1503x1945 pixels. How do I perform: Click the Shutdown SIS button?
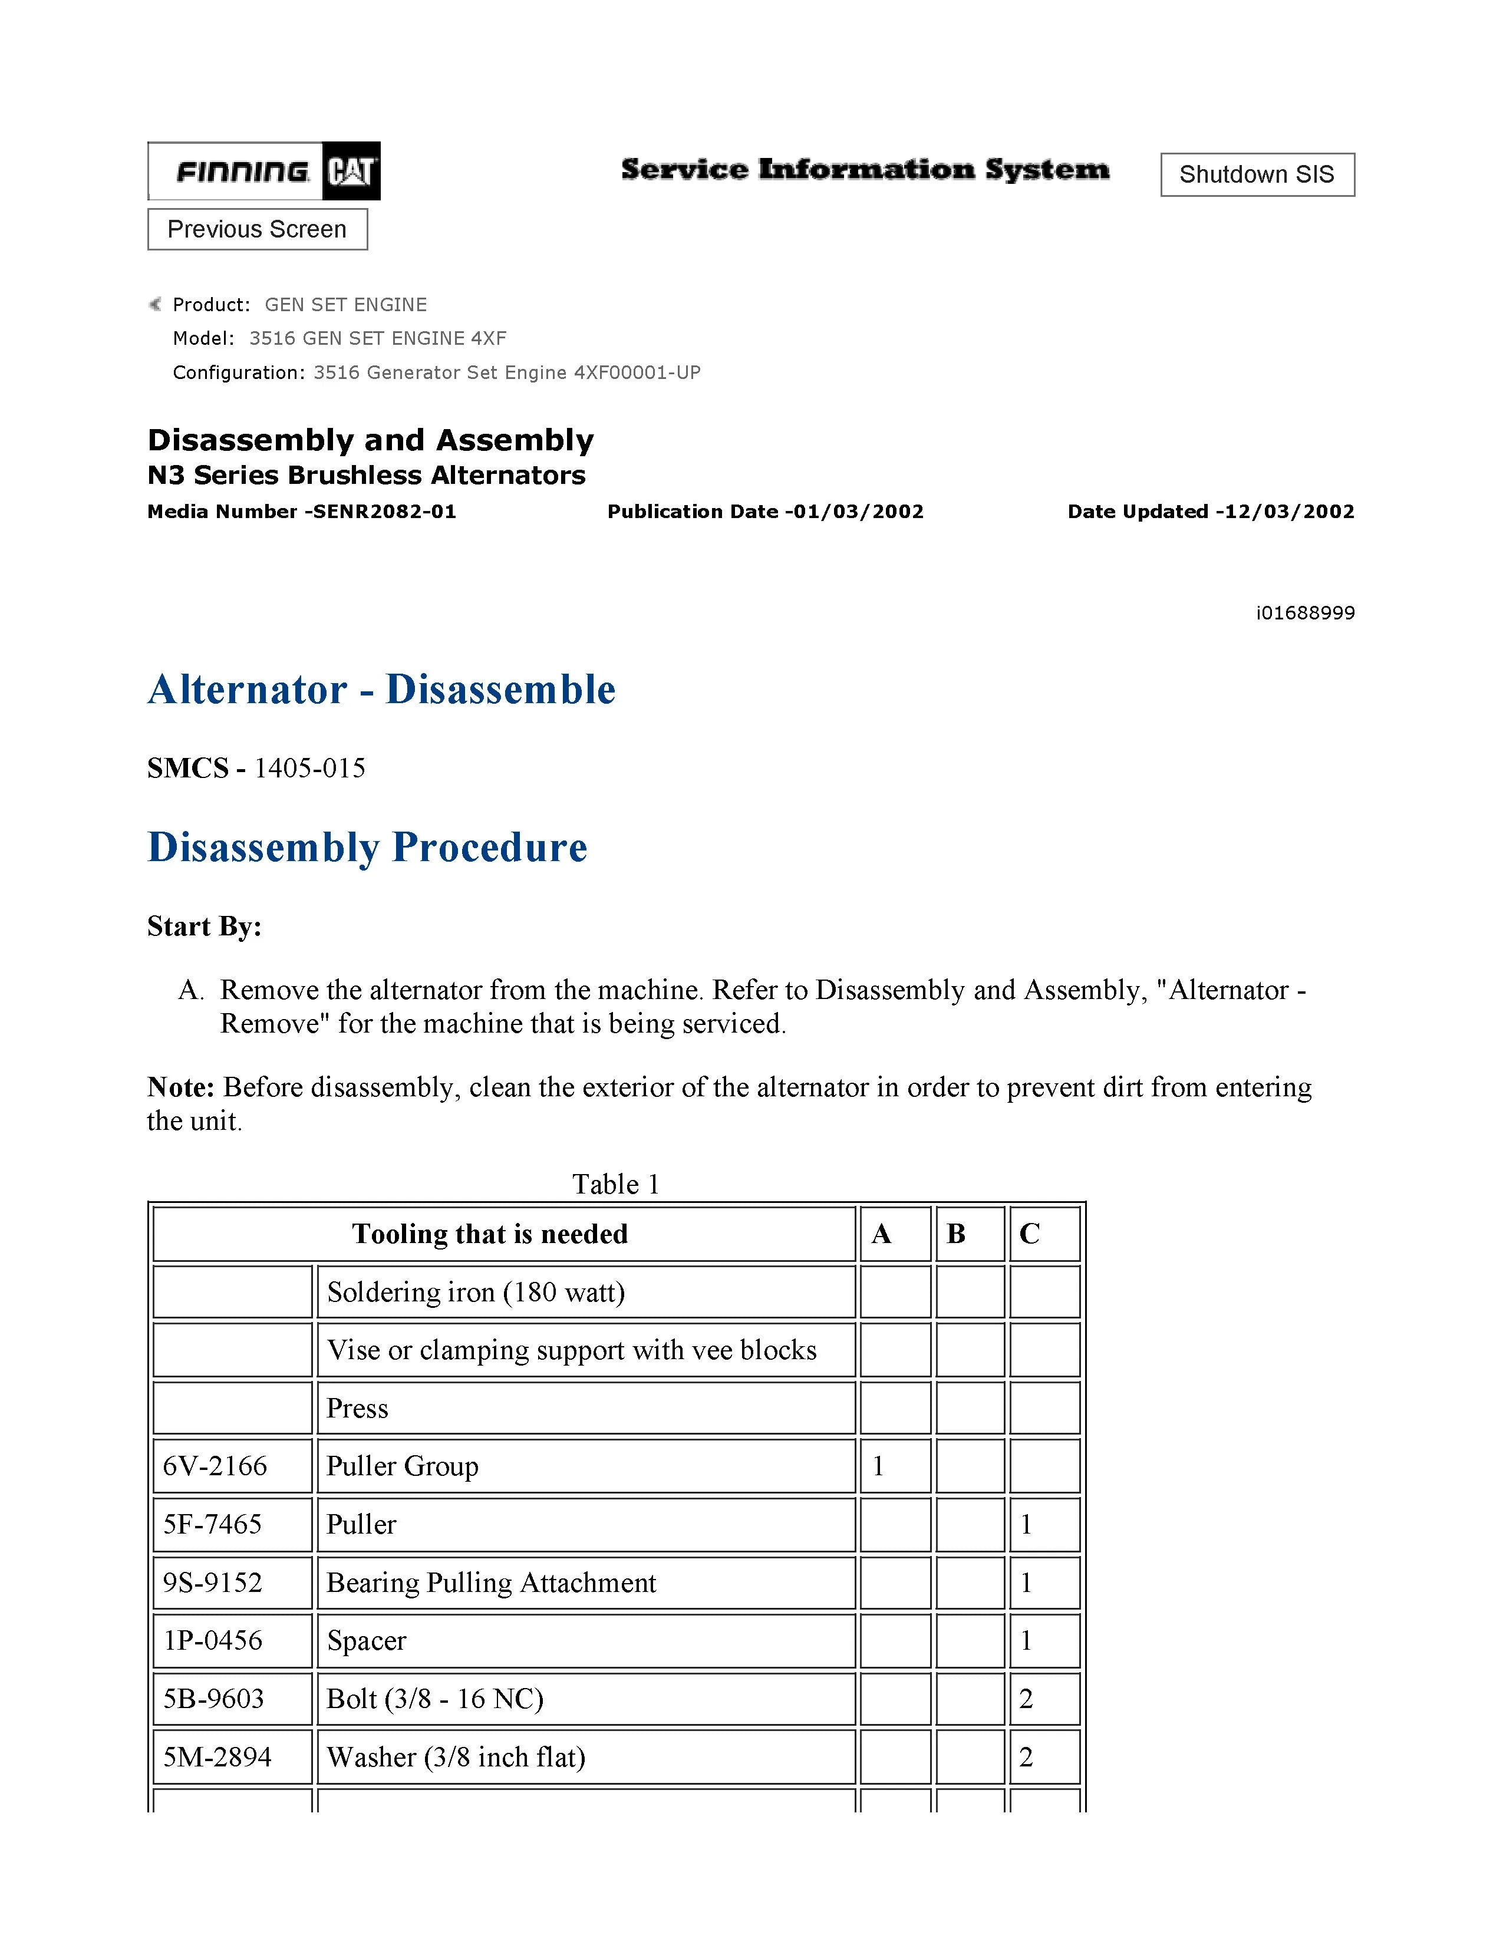1257,174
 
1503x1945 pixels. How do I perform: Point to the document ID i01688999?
1304,613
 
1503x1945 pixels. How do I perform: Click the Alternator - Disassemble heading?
381,690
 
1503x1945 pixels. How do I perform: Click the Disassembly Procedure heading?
367,847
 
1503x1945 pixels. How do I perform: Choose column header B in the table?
956,1234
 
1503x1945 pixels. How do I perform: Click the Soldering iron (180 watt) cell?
476,1291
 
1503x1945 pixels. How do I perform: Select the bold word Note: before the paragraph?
180,1087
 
